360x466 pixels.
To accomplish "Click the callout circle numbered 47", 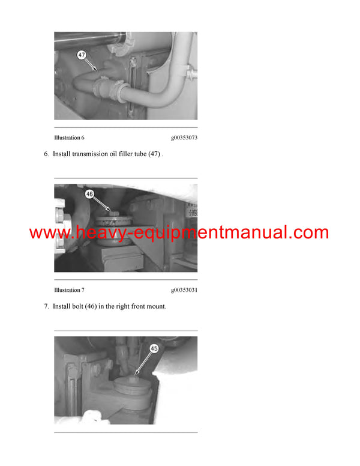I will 82,55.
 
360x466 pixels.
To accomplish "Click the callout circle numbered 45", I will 154,348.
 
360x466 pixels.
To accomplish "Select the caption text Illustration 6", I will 69,138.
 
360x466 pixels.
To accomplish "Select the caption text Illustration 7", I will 69,290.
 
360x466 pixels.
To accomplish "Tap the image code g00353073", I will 184,138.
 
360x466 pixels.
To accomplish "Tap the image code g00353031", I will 184,290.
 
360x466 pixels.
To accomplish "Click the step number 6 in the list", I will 46,154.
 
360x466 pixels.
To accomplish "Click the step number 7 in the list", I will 46,306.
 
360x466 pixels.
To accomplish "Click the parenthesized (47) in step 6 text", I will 154,154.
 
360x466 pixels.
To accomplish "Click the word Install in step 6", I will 62,154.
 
